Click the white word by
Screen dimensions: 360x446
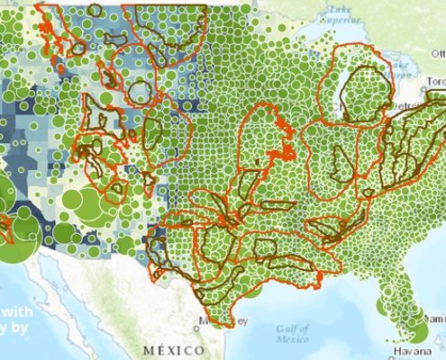[x=22, y=328]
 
